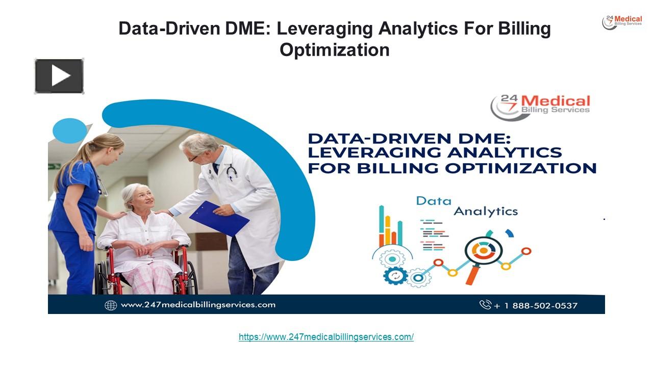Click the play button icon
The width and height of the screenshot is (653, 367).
pyautogui.click(x=59, y=76)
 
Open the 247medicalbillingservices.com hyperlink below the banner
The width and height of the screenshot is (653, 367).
pyautogui.click(x=326, y=337)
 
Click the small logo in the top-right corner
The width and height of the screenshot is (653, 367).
pyautogui.click(x=622, y=22)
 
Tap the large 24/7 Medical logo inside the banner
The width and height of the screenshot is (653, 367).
pyautogui.click(x=540, y=106)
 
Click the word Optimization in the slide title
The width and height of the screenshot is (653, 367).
pyautogui.click(x=334, y=50)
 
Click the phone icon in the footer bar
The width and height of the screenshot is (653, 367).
pyautogui.click(x=485, y=305)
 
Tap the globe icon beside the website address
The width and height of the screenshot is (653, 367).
pyautogui.click(x=111, y=305)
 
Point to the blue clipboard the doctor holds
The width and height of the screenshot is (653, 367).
pyautogui.click(x=219, y=218)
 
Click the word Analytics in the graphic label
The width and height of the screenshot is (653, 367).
pyautogui.click(x=485, y=211)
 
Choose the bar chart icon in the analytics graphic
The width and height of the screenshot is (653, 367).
pyautogui.click(x=390, y=228)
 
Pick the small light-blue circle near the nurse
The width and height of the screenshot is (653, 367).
pyautogui.click(x=69, y=130)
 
